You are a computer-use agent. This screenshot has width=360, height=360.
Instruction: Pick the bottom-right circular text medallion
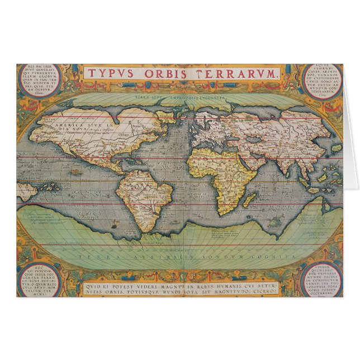tap(322, 277)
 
